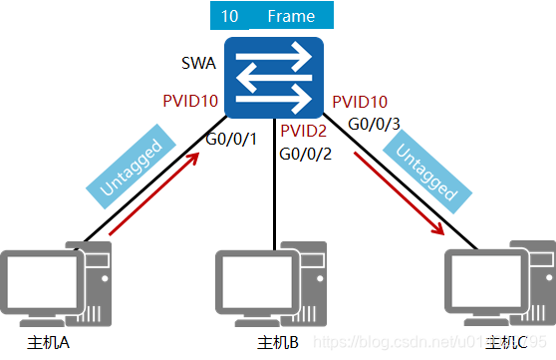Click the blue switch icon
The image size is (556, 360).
pos(273,76)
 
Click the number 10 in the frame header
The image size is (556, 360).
pos(230,17)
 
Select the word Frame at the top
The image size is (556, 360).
pos(291,17)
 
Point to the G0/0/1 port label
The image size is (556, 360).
pos(231,138)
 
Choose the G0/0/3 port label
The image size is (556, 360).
pos(373,124)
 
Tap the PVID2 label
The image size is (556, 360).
pos(304,132)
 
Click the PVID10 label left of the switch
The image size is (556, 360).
pos(189,101)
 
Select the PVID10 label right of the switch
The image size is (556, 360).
pos(360,102)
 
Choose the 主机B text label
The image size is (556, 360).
pos(278,344)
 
